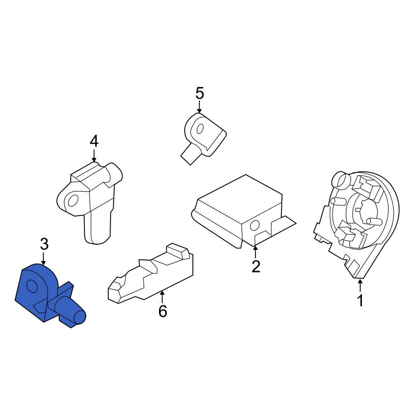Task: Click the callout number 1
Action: [360, 300]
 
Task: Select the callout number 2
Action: [256, 266]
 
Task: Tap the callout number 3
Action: [44, 244]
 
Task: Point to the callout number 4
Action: [94, 142]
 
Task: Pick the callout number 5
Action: [200, 94]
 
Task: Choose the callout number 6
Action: [163, 310]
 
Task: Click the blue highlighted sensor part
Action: [46, 294]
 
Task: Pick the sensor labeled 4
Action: [91, 199]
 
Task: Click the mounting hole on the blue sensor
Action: [31, 286]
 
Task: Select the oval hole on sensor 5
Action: [200, 129]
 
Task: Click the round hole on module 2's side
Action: [255, 226]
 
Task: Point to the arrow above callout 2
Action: [255, 251]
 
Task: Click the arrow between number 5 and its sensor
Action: [200, 108]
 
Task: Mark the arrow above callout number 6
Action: [163, 296]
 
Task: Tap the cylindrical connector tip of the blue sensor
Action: [79, 318]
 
